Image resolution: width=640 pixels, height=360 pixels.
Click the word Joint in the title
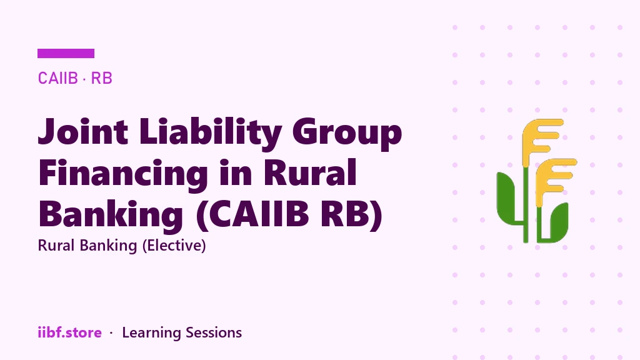[x=83, y=131]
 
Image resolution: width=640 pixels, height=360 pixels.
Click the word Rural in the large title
[x=310, y=172]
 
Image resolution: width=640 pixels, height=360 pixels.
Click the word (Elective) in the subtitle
[x=174, y=245]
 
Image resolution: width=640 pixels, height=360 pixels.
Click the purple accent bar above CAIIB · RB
[x=66, y=54]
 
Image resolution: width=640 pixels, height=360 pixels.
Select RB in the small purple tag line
[x=101, y=78]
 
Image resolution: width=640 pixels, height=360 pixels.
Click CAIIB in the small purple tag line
[x=57, y=78]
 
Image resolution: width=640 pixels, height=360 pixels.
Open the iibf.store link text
[x=70, y=332]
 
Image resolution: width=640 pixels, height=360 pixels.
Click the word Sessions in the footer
[x=214, y=332]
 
